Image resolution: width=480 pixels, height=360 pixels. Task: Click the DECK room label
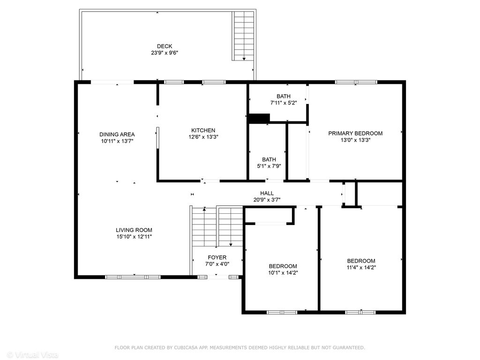pos(165,46)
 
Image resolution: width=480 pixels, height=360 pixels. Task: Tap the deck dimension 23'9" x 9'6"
pos(165,52)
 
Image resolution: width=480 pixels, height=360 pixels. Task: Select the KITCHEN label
pos(203,130)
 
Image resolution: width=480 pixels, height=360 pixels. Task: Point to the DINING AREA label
pos(117,135)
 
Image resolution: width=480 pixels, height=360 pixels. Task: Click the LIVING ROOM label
pos(134,230)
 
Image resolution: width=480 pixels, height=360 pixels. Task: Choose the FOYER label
pos(217,257)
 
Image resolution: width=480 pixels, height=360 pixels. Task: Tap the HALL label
pos(267,193)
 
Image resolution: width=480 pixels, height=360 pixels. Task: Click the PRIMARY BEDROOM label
pos(355,134)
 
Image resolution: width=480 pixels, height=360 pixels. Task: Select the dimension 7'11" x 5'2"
pos(284,103)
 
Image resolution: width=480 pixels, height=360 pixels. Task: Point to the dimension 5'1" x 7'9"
pos(269,166)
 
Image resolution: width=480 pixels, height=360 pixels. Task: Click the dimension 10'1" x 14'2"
pos(283,273)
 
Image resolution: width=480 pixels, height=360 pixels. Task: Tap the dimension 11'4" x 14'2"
pos(361,267)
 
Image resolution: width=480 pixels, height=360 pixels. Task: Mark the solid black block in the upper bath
pos(259,118)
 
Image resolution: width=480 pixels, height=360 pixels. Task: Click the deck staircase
pos(243,36)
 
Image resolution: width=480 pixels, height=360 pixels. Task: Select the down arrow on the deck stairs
pos(244,59)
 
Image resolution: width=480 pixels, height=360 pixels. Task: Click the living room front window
pos(133,277)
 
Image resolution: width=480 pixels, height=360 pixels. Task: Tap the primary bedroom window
pos(356,82)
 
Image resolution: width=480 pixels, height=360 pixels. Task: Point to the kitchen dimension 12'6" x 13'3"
pos(203,137)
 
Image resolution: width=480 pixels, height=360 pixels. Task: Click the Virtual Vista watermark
pos(32,354)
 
